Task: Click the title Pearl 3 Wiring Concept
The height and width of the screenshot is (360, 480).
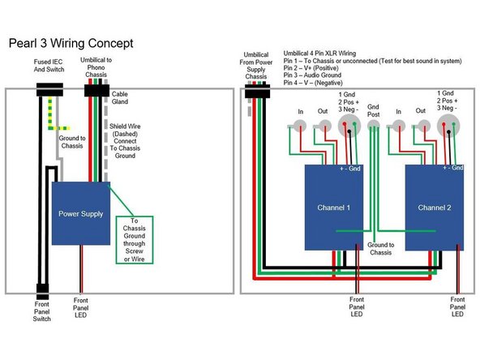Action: pos(71,42)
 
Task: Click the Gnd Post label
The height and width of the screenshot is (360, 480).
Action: pos(373,109)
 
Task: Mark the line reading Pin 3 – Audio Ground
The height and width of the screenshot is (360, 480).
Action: pos(314,75)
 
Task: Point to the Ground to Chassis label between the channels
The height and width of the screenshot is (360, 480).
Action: pos(380,248)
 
